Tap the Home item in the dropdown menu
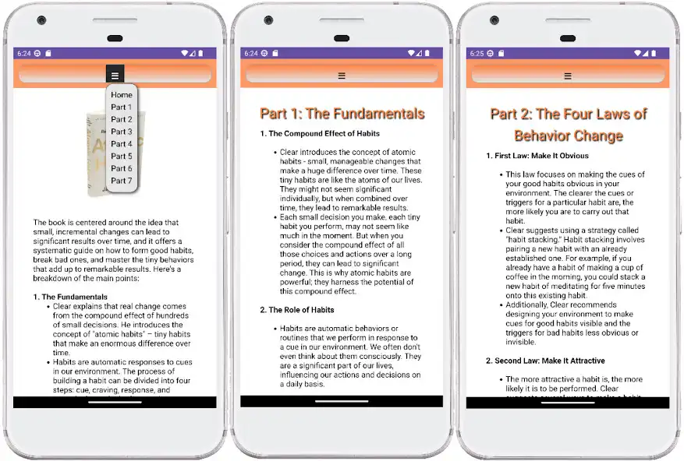click(121, 95)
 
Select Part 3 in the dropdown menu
click(121, 132)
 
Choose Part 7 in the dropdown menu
click(121, 181)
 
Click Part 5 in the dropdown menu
click(121, 156)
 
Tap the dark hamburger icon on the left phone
click(115, 76)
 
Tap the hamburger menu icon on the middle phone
click(341, 76)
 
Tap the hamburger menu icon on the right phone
click(567, 76)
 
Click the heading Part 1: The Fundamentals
click(342, 114)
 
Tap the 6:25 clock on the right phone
click(475, 54)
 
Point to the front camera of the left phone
click(41, 19)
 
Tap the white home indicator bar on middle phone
click(341, 402)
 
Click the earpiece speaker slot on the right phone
click(567, 37)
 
